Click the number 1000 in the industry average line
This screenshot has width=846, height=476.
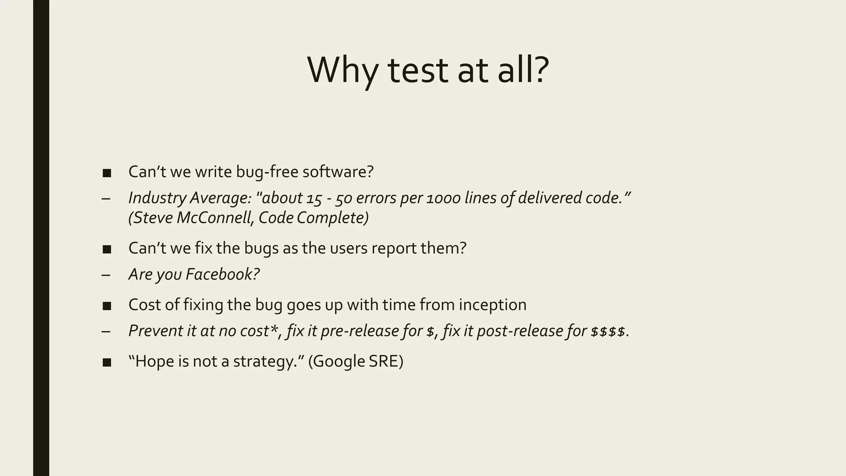pyautogui.click(x=443, y=198)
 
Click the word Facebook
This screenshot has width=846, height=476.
pyautogui.click(x=222, y=274)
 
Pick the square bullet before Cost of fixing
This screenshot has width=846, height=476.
pyautogui.click(x=107, y=306)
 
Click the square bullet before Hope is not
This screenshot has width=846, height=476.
pyautogui.click(x=107, y=362)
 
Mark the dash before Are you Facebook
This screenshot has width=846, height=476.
pyautogui.click(x=106, y=275)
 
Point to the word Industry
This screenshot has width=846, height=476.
pyautogui.click(x=157, y=198)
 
